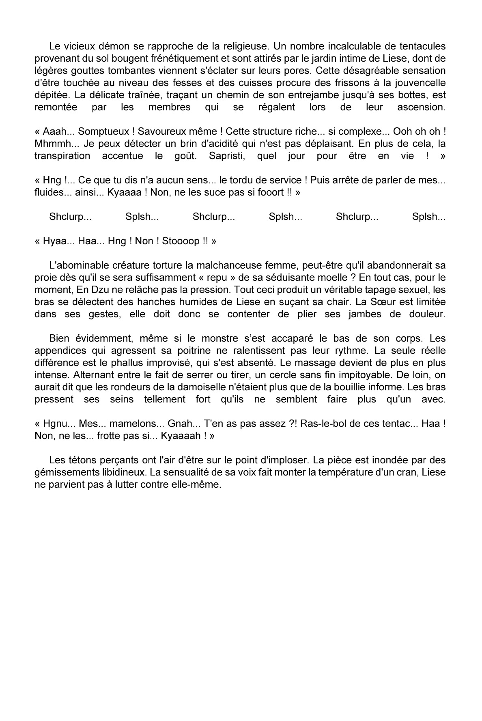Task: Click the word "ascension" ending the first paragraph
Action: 421,107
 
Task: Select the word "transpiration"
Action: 62,156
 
